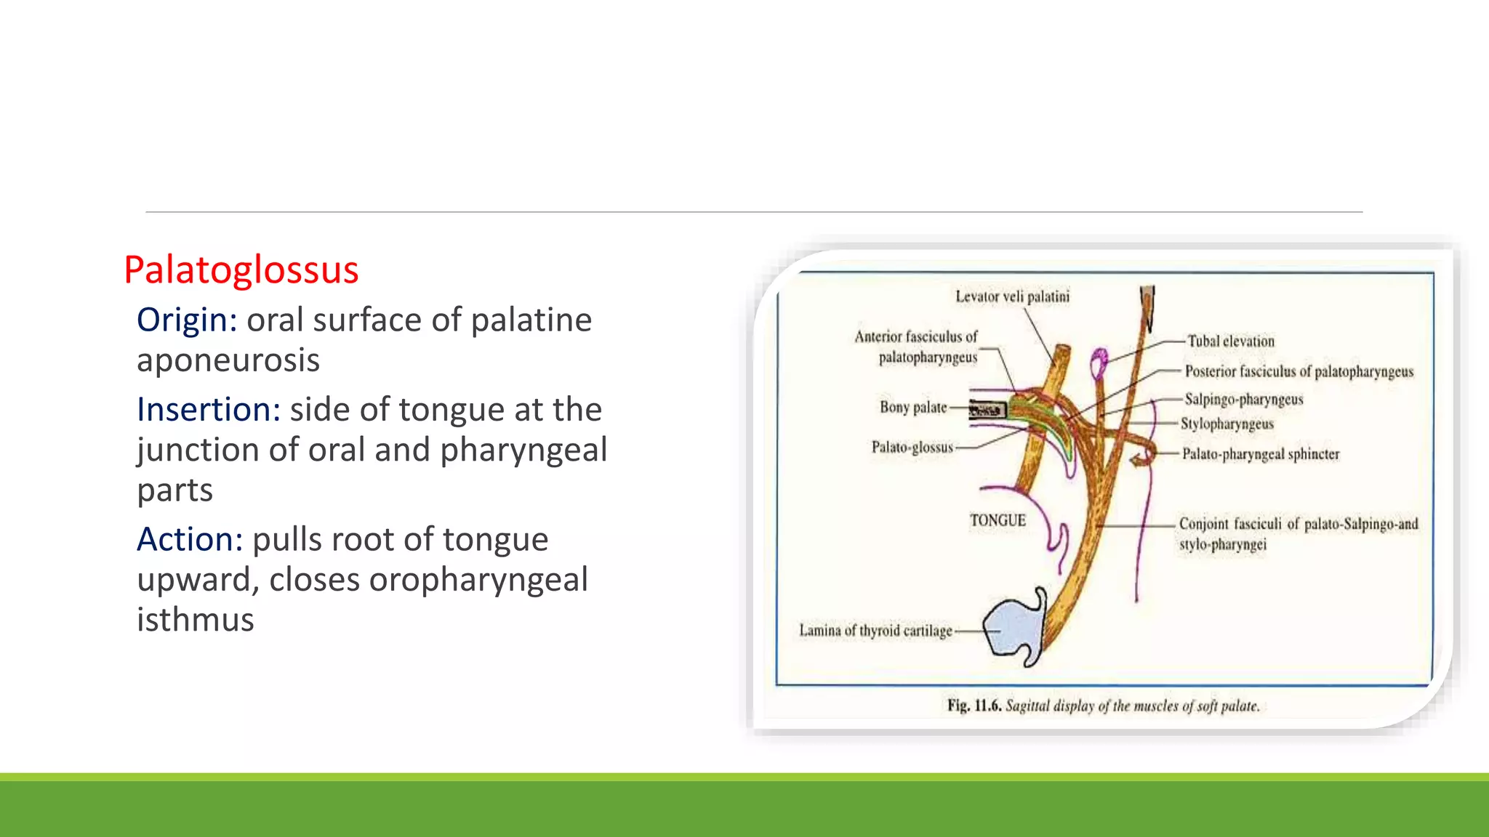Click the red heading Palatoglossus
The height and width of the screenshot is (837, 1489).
[x=241, y=270]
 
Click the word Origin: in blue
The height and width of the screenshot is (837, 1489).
[x=187, y=320]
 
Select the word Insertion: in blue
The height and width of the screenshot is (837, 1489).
[x=209, y=410]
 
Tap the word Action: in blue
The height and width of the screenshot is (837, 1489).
[x=190, y=540]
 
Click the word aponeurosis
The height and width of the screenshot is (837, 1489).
[x=228, y=360]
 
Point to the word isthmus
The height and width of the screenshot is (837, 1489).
[x=196, y=620]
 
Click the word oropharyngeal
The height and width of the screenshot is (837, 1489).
[x=428, y=580]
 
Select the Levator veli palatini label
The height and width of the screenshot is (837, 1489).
[x=1012, y=296]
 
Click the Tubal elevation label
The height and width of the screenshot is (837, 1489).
[x=1230, y=341]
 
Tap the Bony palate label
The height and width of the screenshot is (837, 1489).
[x=913, y=408]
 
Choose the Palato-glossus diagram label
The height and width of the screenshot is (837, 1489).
[x=912, y=447]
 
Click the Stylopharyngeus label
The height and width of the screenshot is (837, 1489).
[x=1227, y=424]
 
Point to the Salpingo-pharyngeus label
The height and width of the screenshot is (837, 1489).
[x=1243, y=399]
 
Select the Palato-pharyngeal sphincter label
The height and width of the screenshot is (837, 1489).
[x=1260, y=454]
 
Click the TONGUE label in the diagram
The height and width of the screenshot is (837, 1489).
[x=998, y=520]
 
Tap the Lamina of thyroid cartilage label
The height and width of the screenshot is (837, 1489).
[x=875, y=631]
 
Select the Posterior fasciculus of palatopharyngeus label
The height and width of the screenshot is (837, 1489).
[x=1299, y=371]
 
